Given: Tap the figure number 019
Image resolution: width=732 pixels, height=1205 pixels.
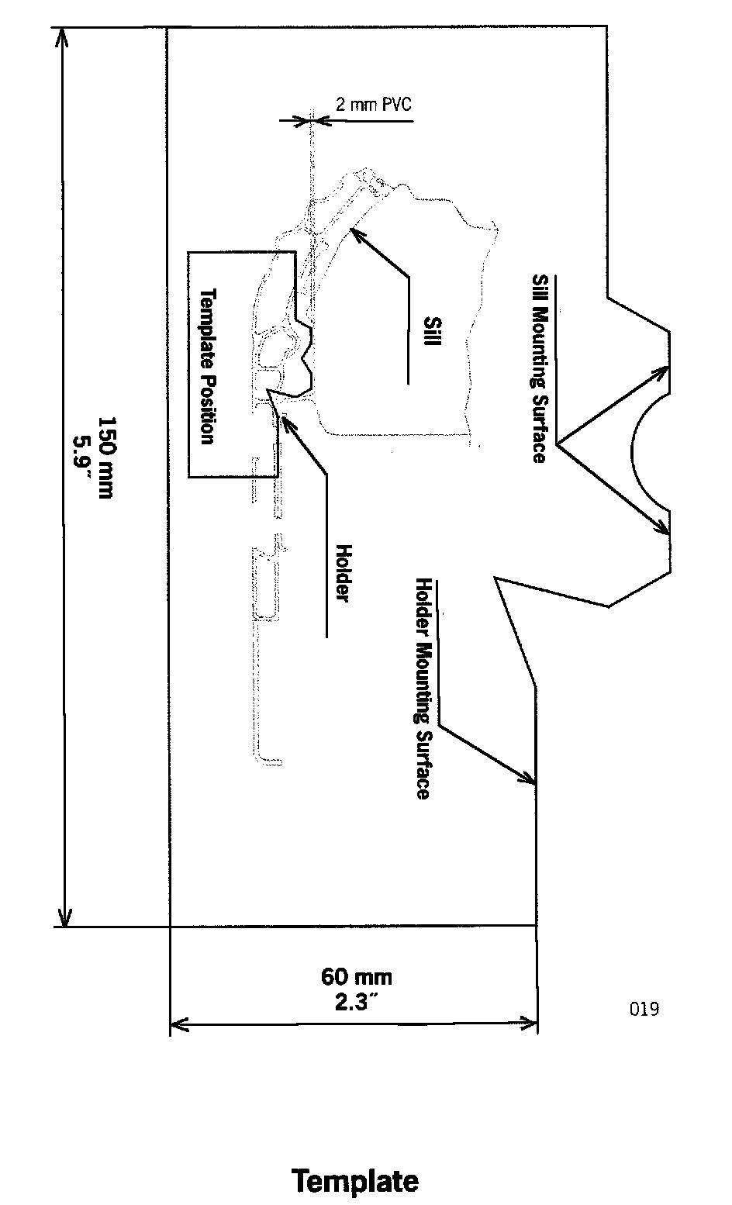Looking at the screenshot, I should point(644,1009).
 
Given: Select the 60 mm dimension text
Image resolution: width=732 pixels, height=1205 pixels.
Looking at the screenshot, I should point(357,976).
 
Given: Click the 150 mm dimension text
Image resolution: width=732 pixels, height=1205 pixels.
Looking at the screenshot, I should point(105,457).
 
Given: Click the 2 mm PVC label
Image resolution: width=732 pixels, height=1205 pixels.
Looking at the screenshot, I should point(372,104).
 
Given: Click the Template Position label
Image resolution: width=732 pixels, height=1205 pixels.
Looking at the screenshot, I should point(207,366).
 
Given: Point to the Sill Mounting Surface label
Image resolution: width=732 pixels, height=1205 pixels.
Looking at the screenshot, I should point(540,368).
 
